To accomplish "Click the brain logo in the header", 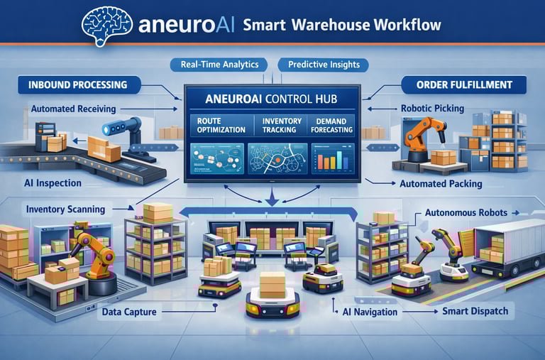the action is tap(108, 23).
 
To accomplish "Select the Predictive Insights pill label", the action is tap(324, 65).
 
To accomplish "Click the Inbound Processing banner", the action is tap(78, 85).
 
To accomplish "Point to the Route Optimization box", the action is tap(221, 126).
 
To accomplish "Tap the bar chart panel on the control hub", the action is tap(331, 158).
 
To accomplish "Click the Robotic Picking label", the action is tap(453, 109).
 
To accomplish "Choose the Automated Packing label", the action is tap(441, 183).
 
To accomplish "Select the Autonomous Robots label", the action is tap(462, 212).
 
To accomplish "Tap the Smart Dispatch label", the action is tap(475, 312).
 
